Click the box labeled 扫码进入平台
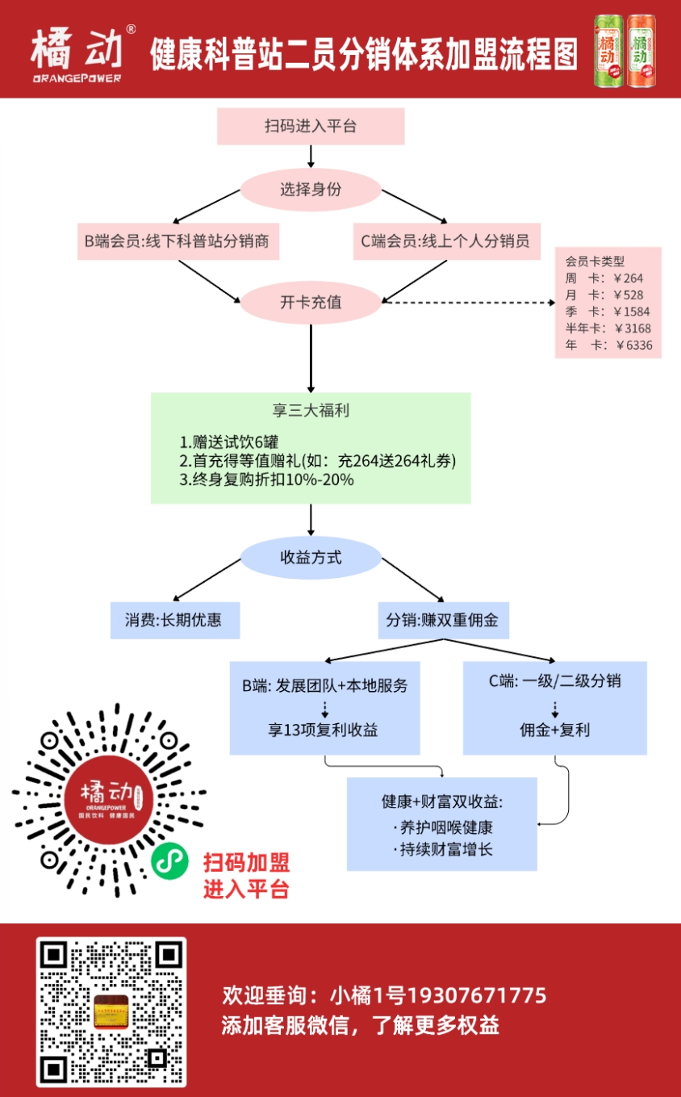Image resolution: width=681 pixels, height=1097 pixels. pos(311,127)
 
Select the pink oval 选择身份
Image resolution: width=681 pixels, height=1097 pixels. pos(311,191)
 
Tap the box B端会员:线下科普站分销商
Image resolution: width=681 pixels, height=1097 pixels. pos(178,241)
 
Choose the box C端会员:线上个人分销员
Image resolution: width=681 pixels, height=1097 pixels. pos(446,241)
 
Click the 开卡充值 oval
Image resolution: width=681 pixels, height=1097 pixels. pos(311,303)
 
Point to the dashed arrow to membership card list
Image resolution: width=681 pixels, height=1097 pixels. pos(468,304)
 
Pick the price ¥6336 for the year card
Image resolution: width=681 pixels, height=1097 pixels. pos(633,345)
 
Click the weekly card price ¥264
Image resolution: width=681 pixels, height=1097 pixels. pos(629,278)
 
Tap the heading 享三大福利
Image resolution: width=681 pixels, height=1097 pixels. pos(311,410)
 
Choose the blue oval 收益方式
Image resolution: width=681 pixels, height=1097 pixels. pos(311,557)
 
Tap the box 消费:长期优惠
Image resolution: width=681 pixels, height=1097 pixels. pos(175,620)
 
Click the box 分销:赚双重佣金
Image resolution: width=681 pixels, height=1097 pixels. pos(442,620)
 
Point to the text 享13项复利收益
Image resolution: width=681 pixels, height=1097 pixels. pos(324,730)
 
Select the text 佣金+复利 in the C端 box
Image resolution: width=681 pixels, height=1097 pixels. pos(555,730)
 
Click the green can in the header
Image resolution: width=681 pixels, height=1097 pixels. pos(608,50)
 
